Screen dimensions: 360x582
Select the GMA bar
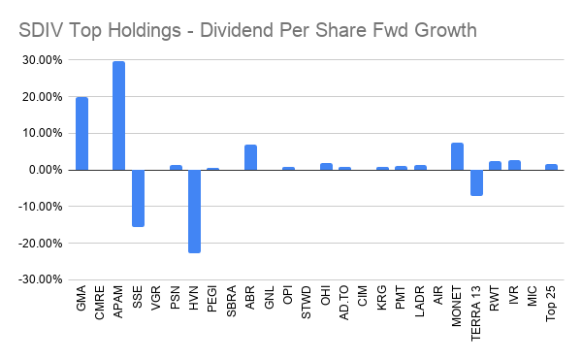[81, 134]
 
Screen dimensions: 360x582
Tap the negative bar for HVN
[194, 211]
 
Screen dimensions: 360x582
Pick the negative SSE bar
[138, 198]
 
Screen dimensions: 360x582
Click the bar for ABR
[250, 157]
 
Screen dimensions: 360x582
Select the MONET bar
[457, 156]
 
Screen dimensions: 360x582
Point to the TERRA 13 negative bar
[476, 182]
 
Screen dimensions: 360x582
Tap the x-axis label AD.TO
[345, 313]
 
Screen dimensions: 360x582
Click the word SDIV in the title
[42, 30]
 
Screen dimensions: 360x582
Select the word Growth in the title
[441, 30]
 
